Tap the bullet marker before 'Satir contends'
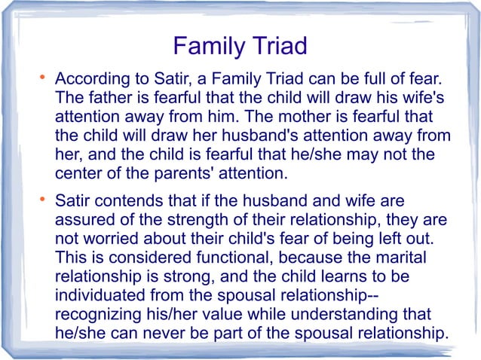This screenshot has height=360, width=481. click(x=44, y=200)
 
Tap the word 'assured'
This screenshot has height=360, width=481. click(x=84, y=221)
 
